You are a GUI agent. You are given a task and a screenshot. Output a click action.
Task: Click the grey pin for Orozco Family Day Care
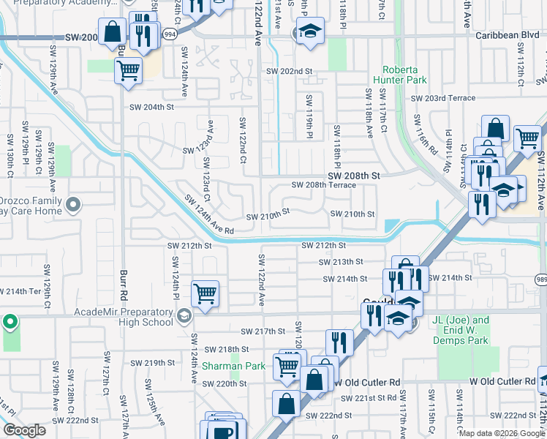[x=72, y=206]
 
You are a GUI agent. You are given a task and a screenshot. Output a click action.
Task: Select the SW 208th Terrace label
[x=323, y=186]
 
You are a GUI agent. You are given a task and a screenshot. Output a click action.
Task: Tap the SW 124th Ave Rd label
[x=208, y=215]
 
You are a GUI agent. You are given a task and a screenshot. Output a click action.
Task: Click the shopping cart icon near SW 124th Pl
[x=205, y=294]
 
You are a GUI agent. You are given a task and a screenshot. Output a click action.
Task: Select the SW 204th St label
[x=152, y=107]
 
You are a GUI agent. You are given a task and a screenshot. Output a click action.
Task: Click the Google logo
[x=24, y=430]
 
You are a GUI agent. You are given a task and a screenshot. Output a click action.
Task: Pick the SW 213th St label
[x=341, y=261]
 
